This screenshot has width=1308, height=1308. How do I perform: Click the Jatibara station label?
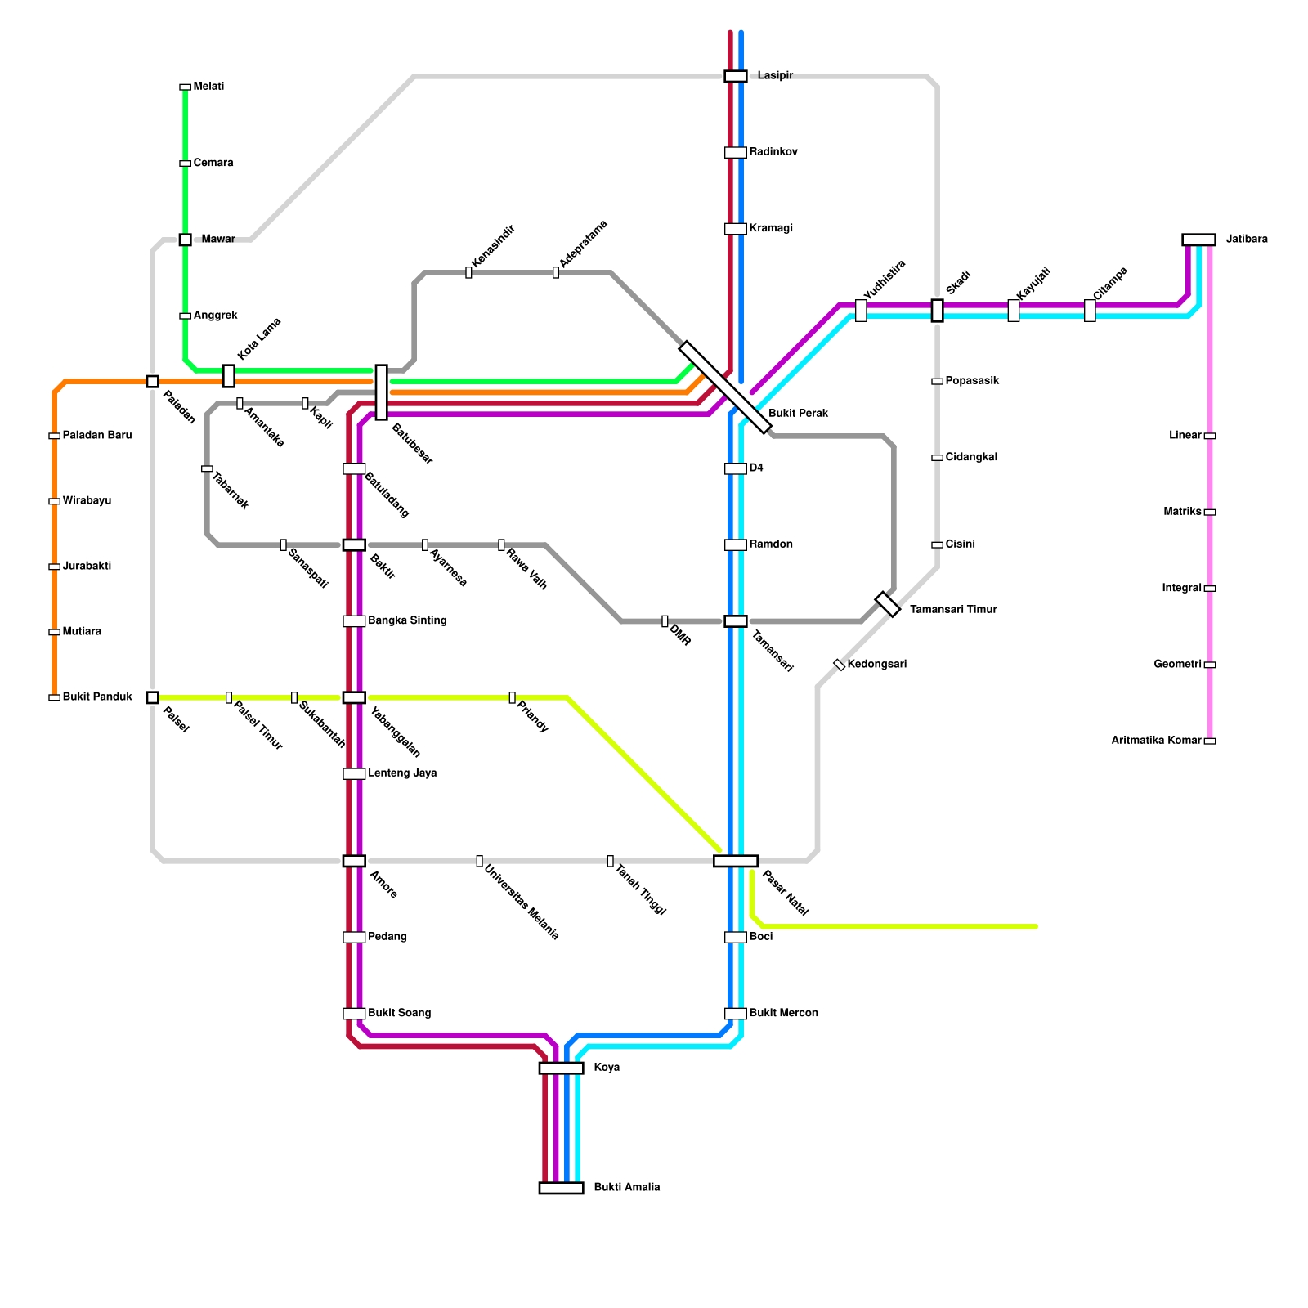1247,240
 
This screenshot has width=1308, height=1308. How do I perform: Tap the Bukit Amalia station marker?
561,1188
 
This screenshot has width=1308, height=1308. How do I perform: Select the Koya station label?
607,1068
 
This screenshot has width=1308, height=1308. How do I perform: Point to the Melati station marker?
185,87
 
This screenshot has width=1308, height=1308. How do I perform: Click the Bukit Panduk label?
97,697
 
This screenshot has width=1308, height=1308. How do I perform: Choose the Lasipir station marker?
736,76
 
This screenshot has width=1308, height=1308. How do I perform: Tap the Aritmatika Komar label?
1156,741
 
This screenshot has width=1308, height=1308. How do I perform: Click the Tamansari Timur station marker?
888,604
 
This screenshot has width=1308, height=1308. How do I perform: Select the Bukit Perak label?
799,414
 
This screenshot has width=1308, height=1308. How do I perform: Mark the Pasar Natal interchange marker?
736,861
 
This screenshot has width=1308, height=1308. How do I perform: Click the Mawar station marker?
185,240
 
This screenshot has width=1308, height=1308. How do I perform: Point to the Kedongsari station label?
877,665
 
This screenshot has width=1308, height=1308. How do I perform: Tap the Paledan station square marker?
152,381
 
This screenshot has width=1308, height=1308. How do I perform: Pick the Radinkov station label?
773,152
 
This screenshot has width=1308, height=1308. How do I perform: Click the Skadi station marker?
937,311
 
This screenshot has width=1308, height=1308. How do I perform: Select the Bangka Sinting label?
407,621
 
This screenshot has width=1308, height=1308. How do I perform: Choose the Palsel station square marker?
152,697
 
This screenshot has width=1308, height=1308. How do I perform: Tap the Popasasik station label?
972,381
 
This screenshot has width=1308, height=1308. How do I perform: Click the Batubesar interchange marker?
381,392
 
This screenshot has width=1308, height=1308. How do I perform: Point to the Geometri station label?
1178,665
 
